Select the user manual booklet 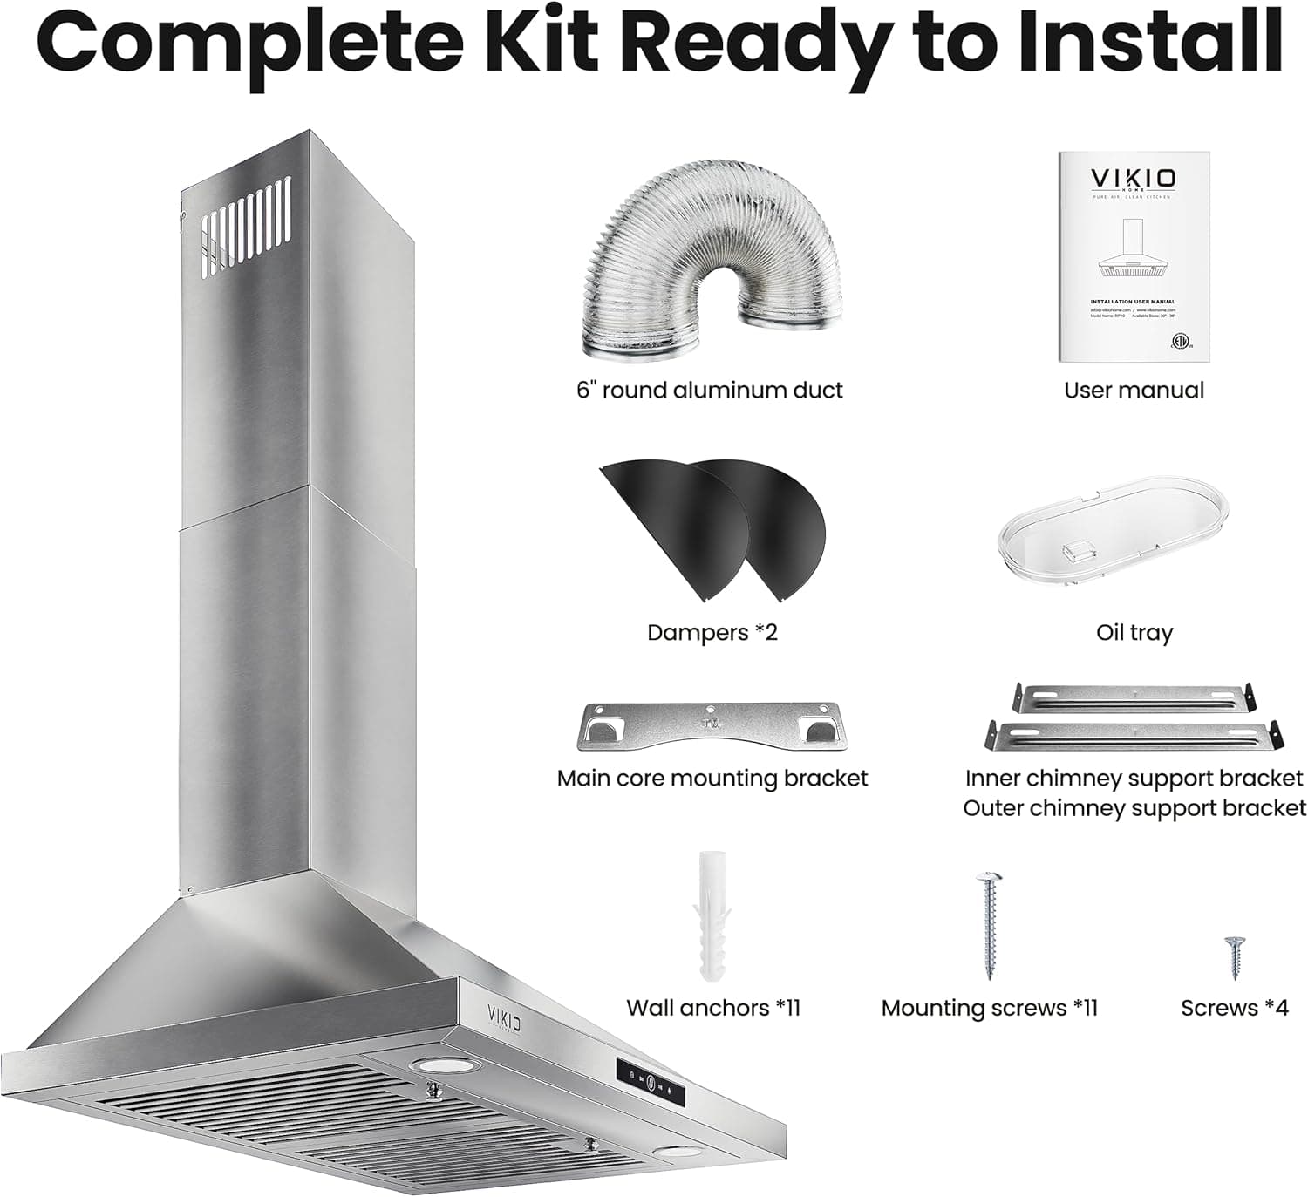(1134, 256)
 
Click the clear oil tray (1113, 531)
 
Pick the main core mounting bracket (712, 726)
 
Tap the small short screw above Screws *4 (1234, 957)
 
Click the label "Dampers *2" (712, 632)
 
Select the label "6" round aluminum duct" (709, 390)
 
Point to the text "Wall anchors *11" (712, 1008)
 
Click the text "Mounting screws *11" (989, 1008)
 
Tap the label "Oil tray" (1134, 632)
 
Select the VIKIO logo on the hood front (504, 1017)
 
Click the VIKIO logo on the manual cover (1133, 179)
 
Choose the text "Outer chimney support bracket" (1134, 808)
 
